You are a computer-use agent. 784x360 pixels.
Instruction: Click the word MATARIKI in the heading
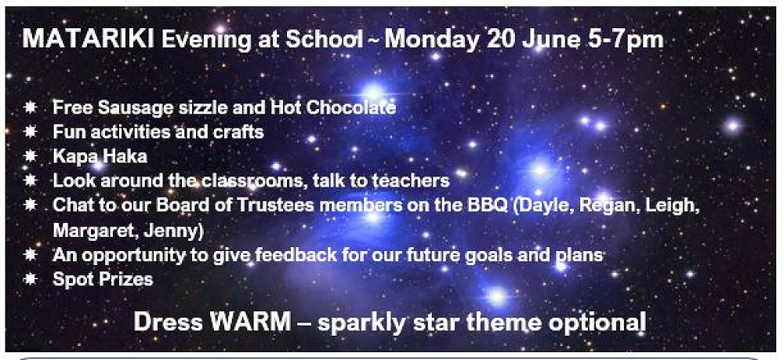88,39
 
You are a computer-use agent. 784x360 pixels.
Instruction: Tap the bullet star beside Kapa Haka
30,156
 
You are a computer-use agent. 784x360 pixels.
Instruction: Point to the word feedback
297,255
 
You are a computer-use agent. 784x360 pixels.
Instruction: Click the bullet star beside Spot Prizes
30,278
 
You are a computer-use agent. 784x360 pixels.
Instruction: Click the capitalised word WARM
250,322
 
